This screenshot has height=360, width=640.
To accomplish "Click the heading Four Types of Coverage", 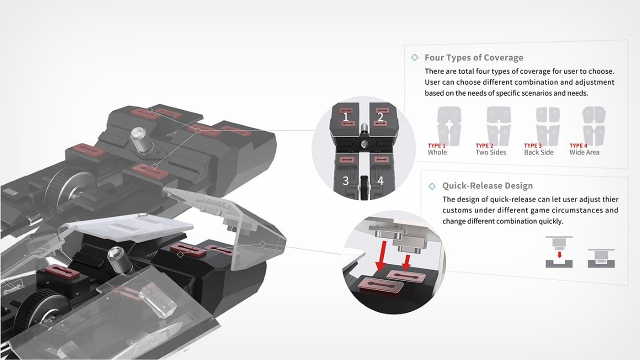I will pos(473,57).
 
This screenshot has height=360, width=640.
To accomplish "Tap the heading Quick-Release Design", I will pos(487,186).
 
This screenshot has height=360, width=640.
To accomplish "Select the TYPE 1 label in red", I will pos(436,145).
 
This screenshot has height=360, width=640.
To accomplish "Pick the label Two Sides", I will pos(490,152).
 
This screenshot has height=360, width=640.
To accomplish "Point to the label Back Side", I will pos(539,152).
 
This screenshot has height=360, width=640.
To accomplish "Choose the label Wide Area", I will pos(584,152).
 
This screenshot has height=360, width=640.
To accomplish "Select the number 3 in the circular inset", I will pos(345,181).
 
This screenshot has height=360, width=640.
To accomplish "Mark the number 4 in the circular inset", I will pos(380,181).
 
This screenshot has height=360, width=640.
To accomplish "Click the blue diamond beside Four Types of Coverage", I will pos(414,57).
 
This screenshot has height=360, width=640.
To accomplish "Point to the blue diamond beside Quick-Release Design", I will pos(432,186).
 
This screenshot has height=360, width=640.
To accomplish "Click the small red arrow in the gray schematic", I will pos(559,254).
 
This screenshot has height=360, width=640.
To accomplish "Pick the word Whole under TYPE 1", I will pos(437,152).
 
